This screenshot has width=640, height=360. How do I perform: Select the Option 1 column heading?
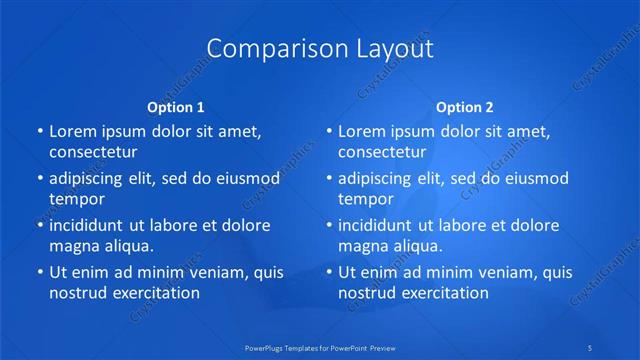click(175, 106)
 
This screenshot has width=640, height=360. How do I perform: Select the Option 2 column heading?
click(465, 106)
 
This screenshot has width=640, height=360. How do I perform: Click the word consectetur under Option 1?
click(93, 152)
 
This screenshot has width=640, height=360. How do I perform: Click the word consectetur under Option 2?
click(382, 152)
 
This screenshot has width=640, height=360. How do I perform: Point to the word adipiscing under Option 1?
click(93, 179)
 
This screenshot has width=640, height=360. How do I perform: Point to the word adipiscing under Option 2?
click(382, 179)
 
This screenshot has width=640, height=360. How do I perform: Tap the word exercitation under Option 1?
click(153, 293)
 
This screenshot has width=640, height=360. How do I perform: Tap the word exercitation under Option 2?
click(442, 293)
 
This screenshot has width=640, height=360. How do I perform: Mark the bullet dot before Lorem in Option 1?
click(39, 132)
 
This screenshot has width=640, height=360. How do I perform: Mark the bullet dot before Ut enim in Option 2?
click(329, 272)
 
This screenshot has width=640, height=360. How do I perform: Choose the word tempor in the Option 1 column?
click(77, 199)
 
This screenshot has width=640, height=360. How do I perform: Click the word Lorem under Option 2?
click(362, 132)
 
